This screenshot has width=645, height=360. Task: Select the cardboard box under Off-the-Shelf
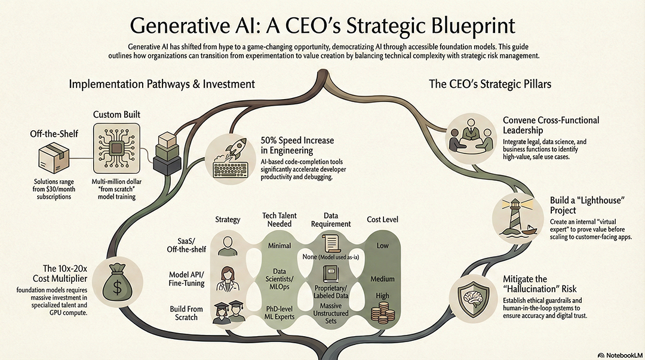point(54,158)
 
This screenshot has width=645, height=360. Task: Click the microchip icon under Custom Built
point(117,147)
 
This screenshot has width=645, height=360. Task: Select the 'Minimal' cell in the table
point(279,245)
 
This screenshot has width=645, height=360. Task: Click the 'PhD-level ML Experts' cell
point(279,313)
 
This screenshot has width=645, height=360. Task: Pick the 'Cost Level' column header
point(383,220)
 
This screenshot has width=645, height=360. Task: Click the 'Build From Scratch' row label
point(186,313)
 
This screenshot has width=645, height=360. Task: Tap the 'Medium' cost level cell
point(383,279)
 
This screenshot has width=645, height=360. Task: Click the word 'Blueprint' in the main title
point(473,26)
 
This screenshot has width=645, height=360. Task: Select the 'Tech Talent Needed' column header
point(279,220)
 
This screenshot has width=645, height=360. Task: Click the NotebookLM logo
point(619,355)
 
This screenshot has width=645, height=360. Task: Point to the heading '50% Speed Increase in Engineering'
point(297,145)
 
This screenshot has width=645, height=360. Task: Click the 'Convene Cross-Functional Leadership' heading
point(551,125)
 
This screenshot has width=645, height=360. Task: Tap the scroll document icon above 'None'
point(331,243)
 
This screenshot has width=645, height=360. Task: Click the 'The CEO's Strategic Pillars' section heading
point(490,84)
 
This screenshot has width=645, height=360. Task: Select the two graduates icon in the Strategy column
point(228,313)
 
